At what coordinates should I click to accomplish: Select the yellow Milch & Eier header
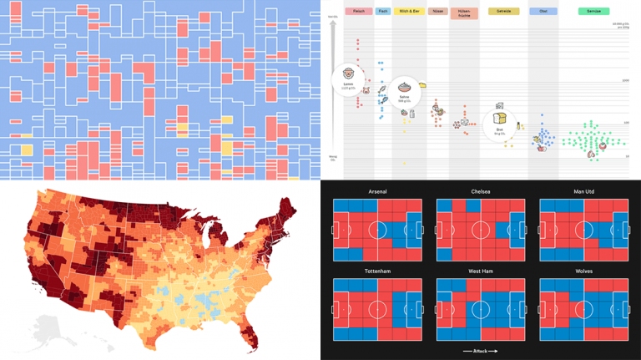pos(409,12)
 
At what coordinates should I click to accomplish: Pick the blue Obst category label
pos(543,12)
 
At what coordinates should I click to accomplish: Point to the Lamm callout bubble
pos(347,80)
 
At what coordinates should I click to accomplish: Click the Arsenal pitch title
pos(378,191)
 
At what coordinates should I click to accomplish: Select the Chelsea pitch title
pos(480,191)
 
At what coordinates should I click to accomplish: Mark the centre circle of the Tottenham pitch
pos(378,309)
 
